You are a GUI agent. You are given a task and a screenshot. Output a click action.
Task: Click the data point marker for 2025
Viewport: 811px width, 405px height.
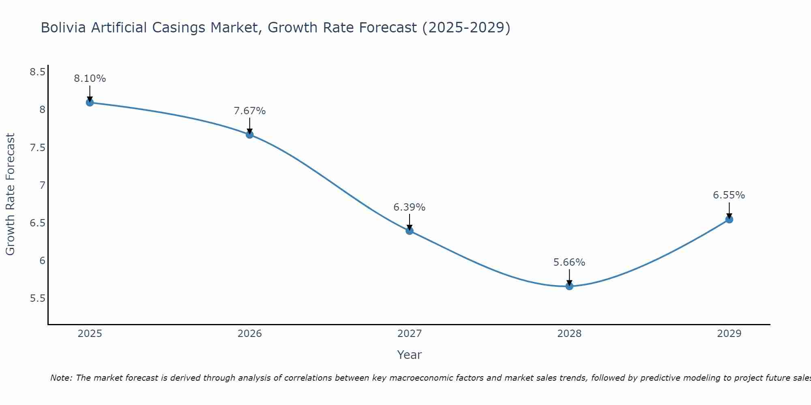tap(90, 102)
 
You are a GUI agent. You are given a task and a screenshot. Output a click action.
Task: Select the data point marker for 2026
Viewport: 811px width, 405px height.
tap(250, 134)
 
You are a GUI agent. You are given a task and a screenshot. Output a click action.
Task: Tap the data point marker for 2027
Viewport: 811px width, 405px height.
tap(410, 231)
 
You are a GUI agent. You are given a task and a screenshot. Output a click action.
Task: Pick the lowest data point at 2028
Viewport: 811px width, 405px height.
tap(569, 286)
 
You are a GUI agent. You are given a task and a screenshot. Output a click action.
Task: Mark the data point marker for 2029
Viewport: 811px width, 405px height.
tap(729, 220)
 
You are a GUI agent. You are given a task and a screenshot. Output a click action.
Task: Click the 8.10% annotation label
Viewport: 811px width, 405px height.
tap(90, 79)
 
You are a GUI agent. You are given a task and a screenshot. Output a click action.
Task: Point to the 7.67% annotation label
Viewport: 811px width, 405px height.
tap(250, 111)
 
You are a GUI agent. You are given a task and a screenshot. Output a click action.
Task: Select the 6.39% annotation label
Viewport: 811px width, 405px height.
tap(410, 207)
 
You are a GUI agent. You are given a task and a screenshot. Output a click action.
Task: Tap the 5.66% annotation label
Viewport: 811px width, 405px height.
tap(569, 262)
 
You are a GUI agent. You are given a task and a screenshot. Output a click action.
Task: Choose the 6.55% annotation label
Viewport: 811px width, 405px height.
tap(729, 195)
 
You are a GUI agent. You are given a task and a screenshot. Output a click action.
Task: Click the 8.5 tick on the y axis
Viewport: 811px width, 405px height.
tap(37, 72)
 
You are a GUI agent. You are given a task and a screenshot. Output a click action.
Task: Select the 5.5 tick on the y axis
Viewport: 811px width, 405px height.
tap(37, 299)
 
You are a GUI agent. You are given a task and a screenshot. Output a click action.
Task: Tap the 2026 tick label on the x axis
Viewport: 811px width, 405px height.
tap(250, 334)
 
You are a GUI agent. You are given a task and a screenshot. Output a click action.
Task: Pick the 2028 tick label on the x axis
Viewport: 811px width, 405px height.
tap(569, 334)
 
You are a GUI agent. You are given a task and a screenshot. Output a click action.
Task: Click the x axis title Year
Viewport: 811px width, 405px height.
tap(410, 355)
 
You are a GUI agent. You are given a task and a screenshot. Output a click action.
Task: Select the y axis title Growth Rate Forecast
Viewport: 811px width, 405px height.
tap(11, 194)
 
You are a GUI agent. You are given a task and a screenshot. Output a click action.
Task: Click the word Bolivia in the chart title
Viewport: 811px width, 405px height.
tap(64, 28)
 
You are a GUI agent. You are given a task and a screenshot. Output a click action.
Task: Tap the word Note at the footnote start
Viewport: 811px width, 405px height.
tap(61, 378)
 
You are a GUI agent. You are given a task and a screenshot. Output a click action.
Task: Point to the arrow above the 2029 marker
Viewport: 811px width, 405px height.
tap(729, 210)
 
